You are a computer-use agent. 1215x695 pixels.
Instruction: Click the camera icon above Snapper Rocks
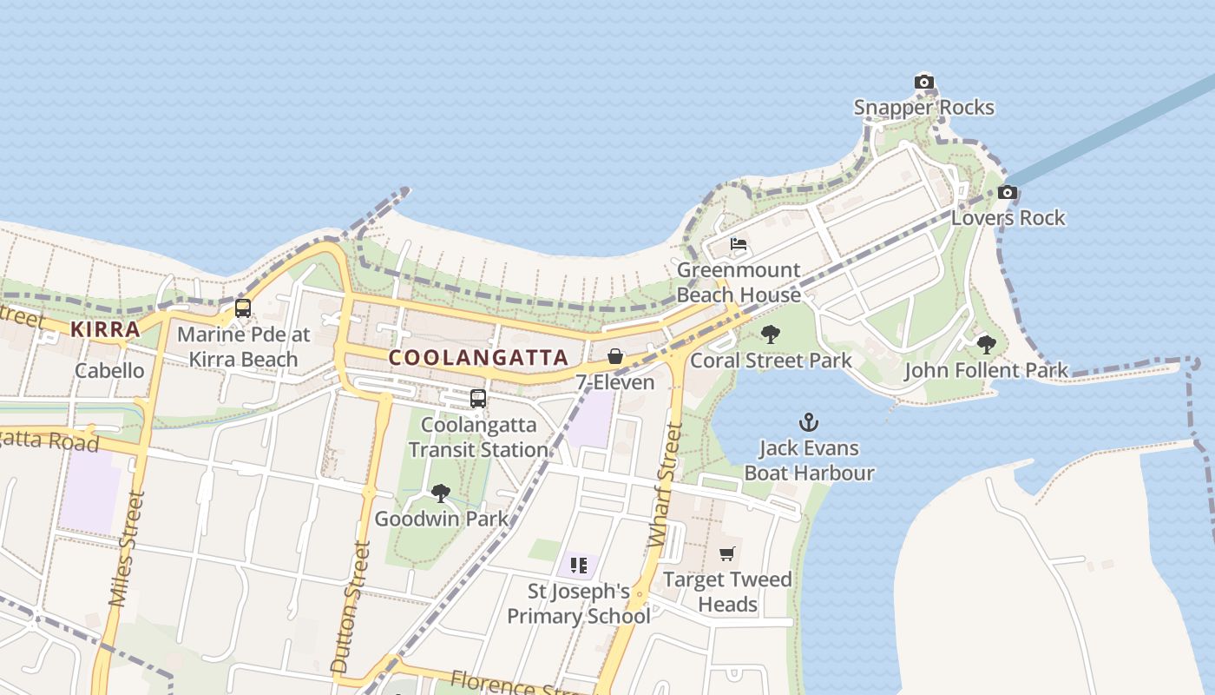[x=924, y=83]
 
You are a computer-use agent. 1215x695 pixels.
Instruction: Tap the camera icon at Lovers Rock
[x=1008, y=192]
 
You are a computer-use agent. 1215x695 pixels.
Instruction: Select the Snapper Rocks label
[x=923, y=108]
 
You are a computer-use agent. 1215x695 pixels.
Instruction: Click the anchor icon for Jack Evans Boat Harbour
[x=809, y=423]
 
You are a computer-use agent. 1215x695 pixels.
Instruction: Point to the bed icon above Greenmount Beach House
[x=739, y=244]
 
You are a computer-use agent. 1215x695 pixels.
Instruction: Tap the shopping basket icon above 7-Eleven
[x=615, y=356]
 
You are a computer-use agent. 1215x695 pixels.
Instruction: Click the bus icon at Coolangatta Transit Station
[x=478, y=399]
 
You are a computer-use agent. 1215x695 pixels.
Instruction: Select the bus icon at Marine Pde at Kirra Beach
[x=243, y=308]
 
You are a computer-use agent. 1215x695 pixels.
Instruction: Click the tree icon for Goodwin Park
[x=441, y=493]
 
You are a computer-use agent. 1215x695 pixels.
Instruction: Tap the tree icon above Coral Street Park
[x=771, y=334]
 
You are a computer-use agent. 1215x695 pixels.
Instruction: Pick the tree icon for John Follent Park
[x=987, y=345]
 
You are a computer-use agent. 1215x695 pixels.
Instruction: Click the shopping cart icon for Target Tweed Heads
[x=727, y=553]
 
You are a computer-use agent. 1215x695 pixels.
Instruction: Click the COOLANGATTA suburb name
[x=479, y=357]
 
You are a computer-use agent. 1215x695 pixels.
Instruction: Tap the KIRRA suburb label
[x=105, y=329]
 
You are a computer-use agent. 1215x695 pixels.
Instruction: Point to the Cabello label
[x=109, y=371]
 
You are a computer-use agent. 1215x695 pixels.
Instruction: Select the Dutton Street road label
[x=351, y=606]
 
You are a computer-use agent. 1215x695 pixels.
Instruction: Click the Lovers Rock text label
[x=1008, y=218]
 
